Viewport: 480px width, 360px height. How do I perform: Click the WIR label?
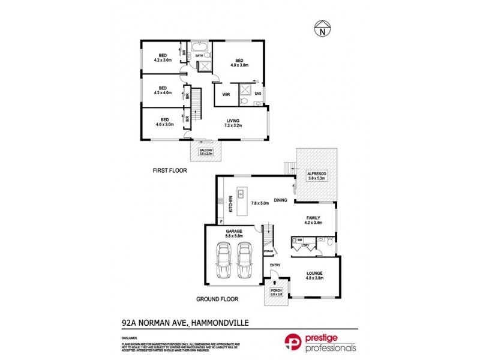click(227, 95)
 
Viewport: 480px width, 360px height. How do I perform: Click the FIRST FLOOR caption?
click(170, 170)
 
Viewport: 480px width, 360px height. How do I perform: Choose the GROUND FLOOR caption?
click(218, 299)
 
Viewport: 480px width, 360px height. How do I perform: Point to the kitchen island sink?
click(240, 194)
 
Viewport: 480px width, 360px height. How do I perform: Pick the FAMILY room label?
click(313, 218)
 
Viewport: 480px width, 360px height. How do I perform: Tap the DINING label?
click(281, 200)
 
